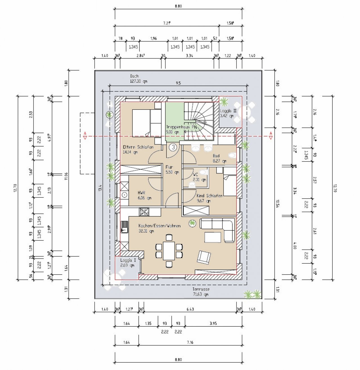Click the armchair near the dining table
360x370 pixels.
coord(204,257)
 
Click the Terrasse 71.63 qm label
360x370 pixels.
coord(201,292)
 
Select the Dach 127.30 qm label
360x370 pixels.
coord(138,79)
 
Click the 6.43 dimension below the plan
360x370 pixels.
coord(190,309)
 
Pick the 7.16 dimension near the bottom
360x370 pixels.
coord(190,342)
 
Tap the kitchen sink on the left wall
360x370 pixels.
coord(124,227)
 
